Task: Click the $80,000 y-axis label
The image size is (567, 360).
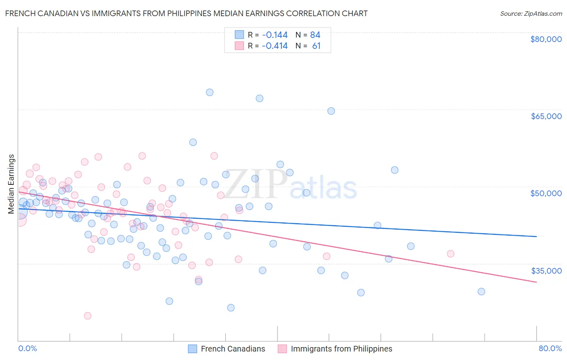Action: (x=546, y=39)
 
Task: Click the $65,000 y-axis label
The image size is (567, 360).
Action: (x=546, y=116)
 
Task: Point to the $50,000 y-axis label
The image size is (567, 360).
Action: (x=546, y=193)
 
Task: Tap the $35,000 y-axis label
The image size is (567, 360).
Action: (x=546, y=271)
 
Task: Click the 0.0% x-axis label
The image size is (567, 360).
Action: (x=27, y=348)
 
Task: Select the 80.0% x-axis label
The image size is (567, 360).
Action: (x=550, y=348)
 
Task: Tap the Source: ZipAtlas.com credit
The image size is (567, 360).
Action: (x=531, y=13)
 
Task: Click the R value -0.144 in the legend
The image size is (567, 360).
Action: (x=275, y=35)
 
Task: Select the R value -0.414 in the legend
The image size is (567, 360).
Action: (x=275, y=46)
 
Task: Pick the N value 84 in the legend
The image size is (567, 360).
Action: (x=315, y=35)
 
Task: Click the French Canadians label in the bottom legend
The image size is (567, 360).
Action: (x=233, y=349)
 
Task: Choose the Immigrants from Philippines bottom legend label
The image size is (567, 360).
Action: (x=341, y=349)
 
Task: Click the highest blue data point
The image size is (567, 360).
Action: (x=210, y=92)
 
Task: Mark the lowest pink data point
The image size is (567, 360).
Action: (x=88, y=316)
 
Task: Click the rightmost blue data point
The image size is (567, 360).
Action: (x=481, y=291)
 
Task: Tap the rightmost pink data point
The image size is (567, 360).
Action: (x=450, y=254)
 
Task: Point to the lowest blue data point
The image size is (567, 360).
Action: (x=231, y=308)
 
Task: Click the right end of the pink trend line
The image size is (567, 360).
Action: (x=536, y=282)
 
